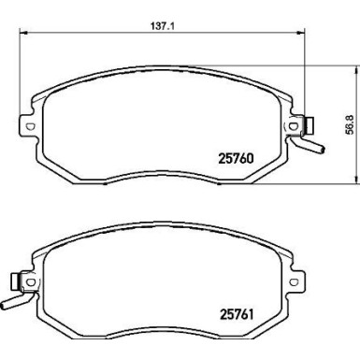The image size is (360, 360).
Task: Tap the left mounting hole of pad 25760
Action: [29, 128]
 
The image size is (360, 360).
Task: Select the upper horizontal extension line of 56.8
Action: [327, 64]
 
